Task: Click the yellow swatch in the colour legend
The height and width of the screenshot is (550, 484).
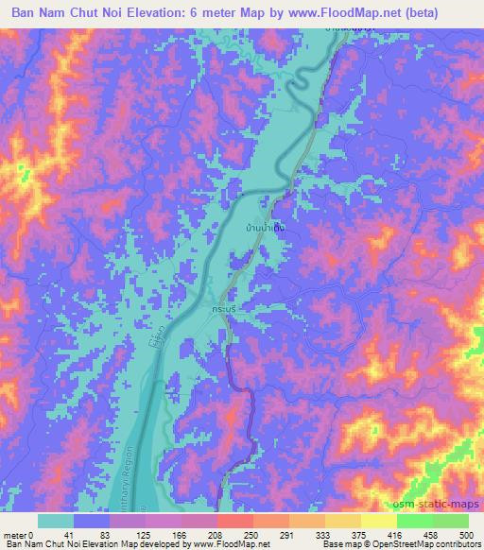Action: [378, 522]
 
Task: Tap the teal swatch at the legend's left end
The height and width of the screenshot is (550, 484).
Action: [56, 522]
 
